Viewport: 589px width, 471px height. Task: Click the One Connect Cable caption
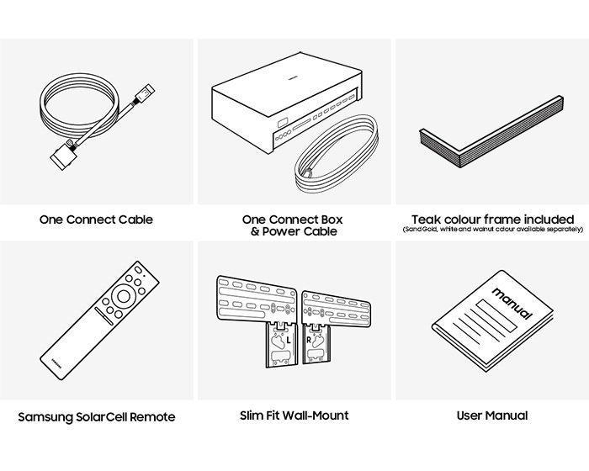click(96, 220)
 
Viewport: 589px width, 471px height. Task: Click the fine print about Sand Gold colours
click(492, 230)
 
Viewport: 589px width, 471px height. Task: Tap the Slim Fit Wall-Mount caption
click(293, 415)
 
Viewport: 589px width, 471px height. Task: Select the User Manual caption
click(492, 415)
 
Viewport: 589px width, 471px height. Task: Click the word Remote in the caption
click(154, 415)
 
